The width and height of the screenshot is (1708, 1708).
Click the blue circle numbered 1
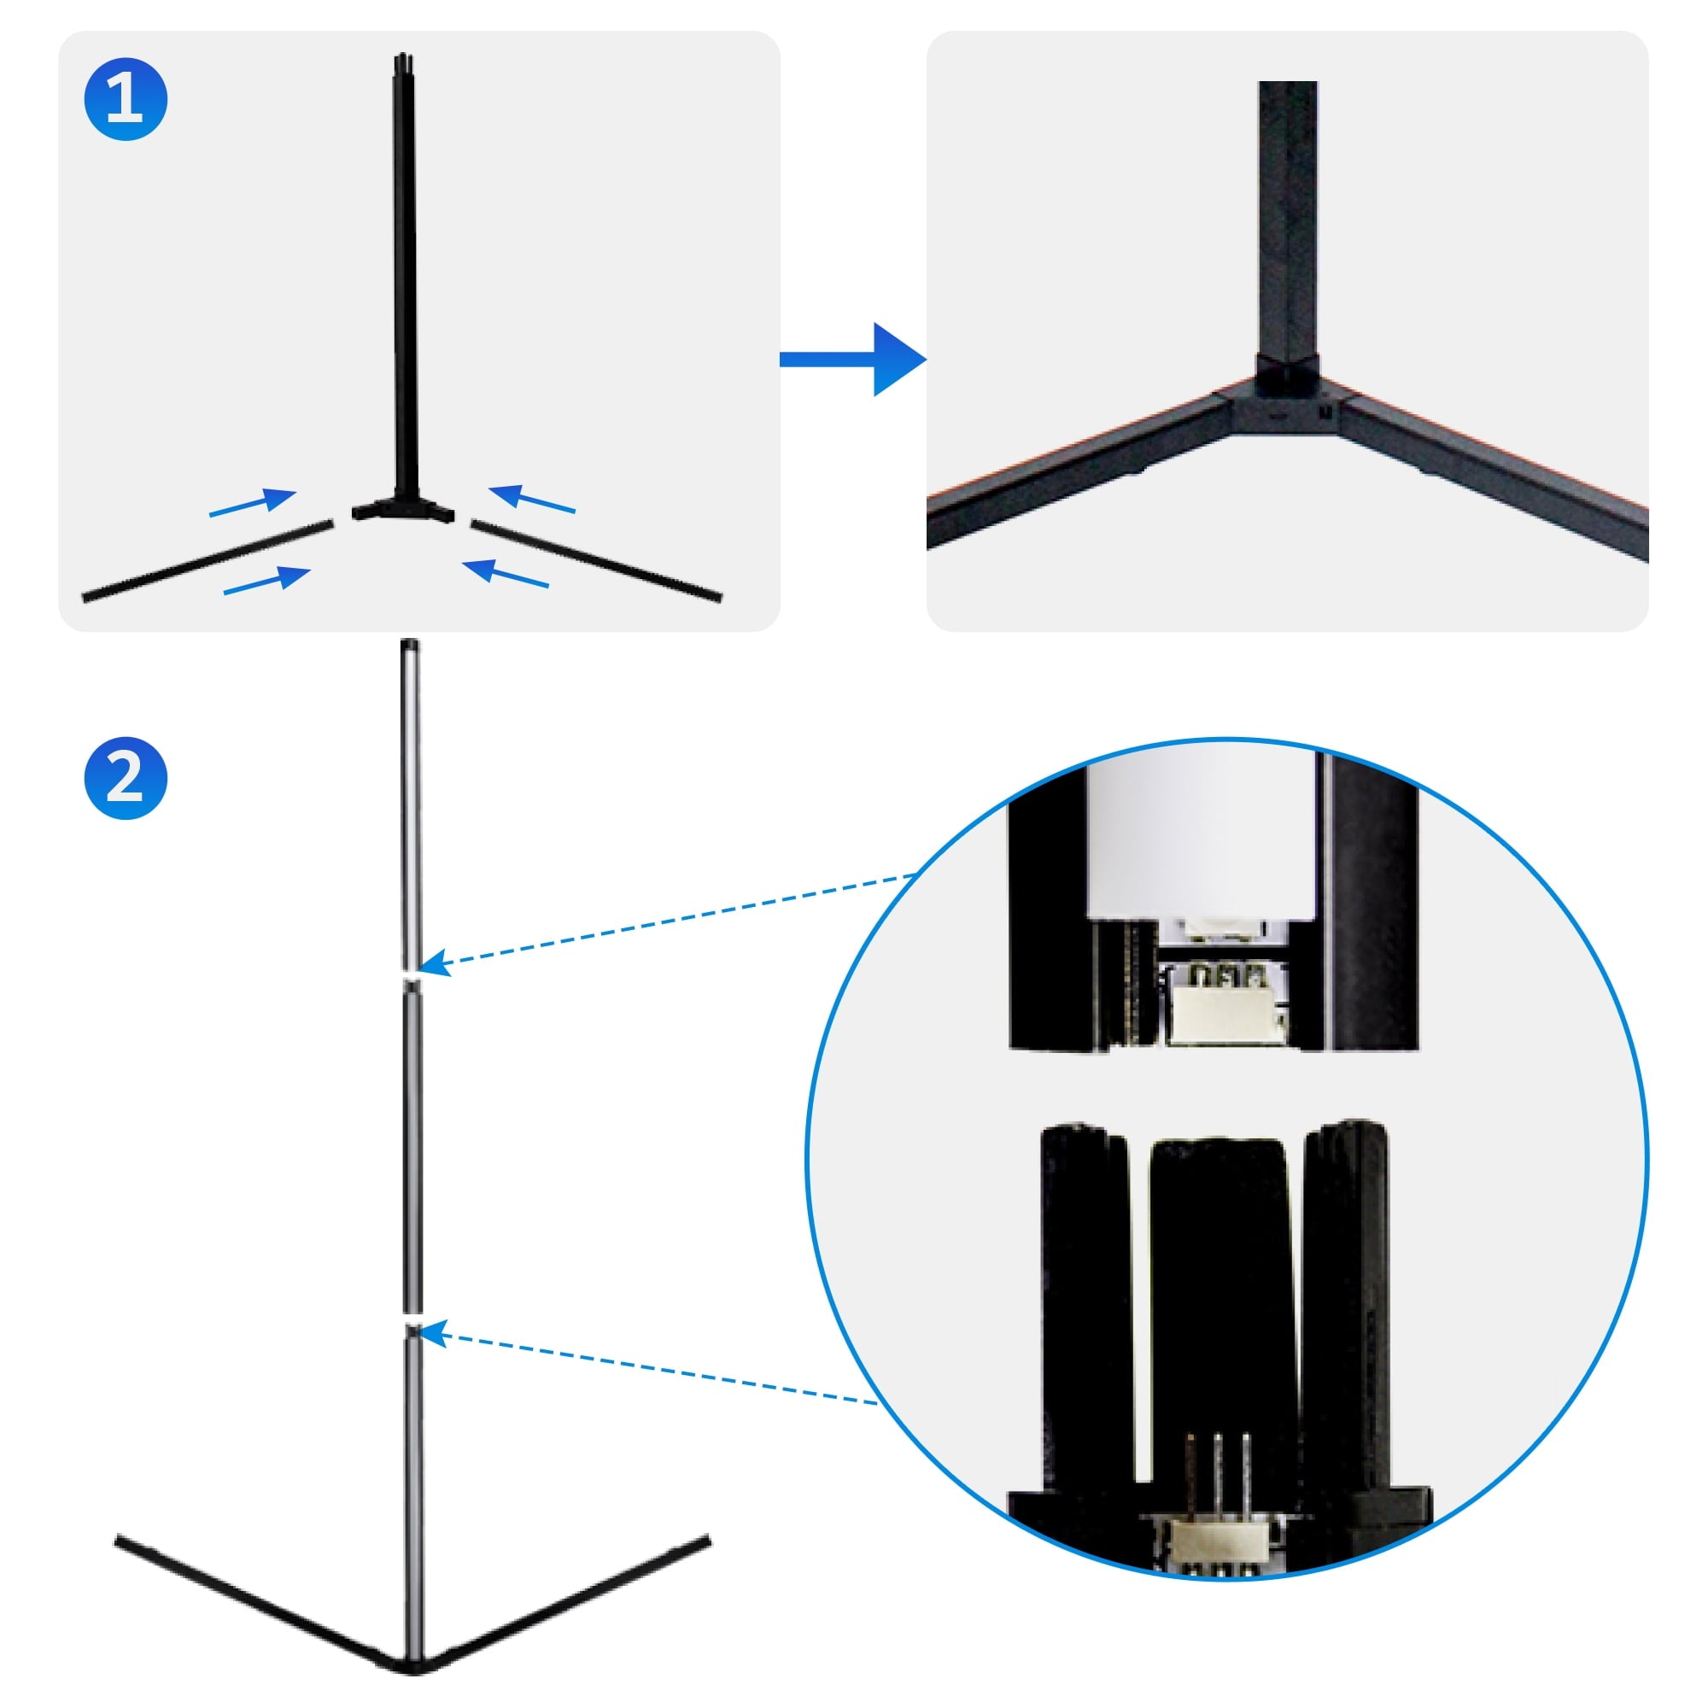[x=126, y=99]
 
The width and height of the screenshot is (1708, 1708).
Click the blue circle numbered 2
[x=126, y=778]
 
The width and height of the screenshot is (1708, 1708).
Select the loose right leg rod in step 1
[x=596, y=559]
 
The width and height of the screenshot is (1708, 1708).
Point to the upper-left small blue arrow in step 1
[x=253, y=501]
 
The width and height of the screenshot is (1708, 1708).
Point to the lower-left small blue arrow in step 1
[x=267, y=580]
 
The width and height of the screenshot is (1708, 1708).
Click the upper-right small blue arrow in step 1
[x=531, y=499]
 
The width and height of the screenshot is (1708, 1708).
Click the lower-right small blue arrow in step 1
[x=506, y=574]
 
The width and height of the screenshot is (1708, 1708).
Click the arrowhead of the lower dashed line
[x=433, y=1333]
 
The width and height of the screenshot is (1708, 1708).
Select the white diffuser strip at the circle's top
[x=1202, y=839]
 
